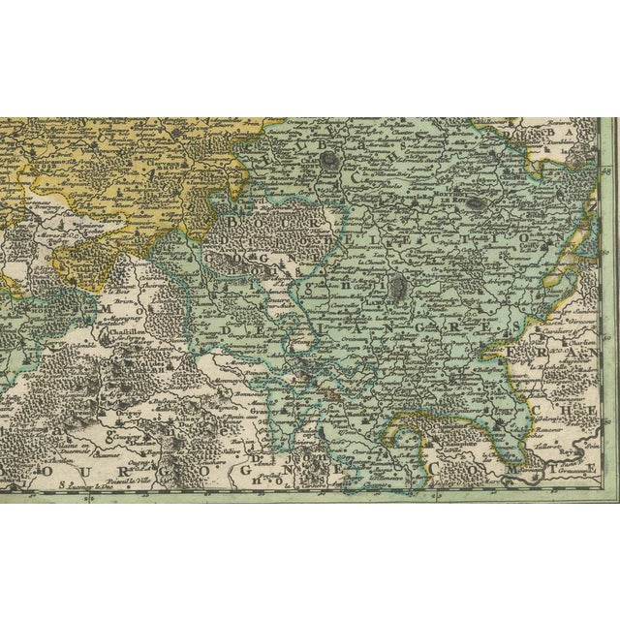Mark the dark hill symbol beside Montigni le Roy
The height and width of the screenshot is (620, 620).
click(477, 203)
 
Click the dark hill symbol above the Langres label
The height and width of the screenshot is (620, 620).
click(397, 285)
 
